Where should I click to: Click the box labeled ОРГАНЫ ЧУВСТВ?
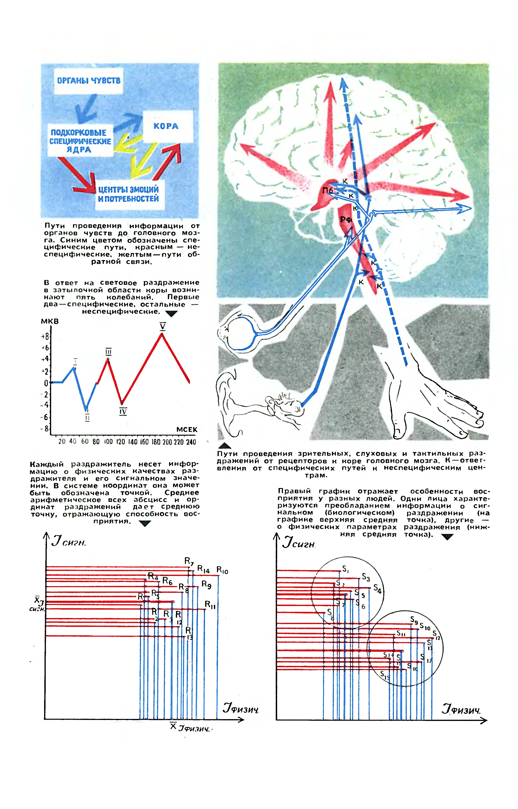pos(88,81)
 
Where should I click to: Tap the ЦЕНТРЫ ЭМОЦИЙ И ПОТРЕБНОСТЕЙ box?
pos(129,194)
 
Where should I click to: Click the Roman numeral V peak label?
pos(162,326)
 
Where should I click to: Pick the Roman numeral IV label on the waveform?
pos(123,411)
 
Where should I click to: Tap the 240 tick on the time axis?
pos(191,442)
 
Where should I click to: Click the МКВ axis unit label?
pos(50,322)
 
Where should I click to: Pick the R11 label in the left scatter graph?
pos(210,605)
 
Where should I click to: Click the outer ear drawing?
pos(229,400)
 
